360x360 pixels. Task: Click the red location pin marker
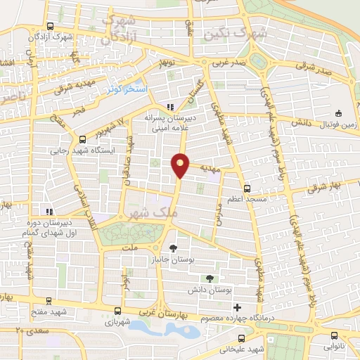click(181, 165)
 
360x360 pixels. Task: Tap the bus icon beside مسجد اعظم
click(246, 188)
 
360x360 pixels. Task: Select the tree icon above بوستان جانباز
click(173, 247)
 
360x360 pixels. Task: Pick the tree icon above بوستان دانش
click(208, 278)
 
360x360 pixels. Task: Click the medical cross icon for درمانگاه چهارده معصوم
click(237, 307)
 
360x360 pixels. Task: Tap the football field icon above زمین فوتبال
click(339, 113)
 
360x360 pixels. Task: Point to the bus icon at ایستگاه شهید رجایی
click(83, 139)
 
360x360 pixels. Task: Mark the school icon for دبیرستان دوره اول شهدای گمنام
click(48, 211)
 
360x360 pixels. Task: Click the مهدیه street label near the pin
click(211, 169)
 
